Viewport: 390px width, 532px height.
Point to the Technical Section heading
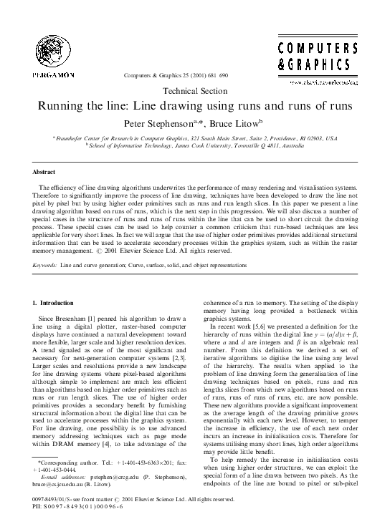coord(195,91)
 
